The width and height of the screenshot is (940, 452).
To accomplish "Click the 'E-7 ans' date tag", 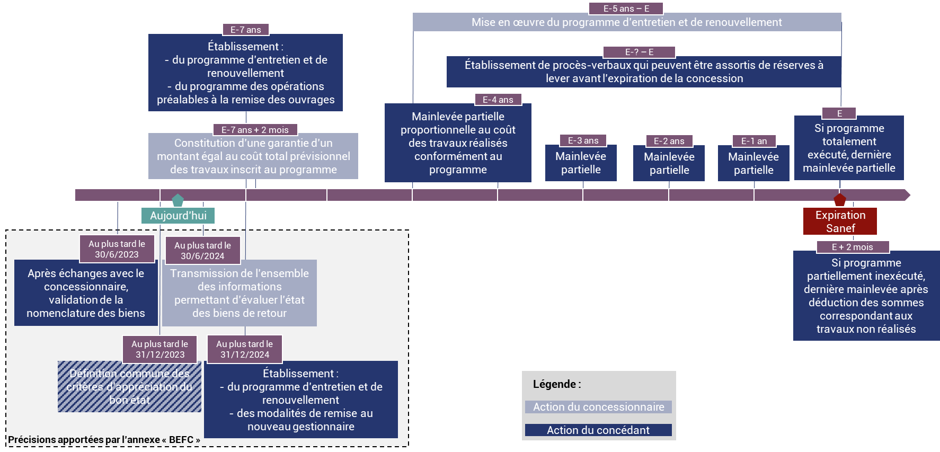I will (246, 30).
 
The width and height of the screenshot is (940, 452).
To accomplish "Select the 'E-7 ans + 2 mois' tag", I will (255, 130).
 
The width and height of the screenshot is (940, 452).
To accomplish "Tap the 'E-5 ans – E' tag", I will (626, 8).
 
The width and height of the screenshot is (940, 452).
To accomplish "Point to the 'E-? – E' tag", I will (639, 52).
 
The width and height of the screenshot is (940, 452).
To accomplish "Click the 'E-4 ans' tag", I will (498, 100).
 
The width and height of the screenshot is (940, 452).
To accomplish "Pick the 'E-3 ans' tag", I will (583, 140).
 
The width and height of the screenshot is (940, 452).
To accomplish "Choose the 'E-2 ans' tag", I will (669, 141).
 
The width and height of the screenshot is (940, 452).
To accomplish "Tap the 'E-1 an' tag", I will (754, 141).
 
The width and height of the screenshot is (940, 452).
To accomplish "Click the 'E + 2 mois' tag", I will (852, 247).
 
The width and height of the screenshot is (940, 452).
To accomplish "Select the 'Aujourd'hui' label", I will (178, 216).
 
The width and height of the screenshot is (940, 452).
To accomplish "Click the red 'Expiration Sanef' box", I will (840, 221).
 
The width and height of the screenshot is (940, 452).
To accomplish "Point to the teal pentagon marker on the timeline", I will (178, 200).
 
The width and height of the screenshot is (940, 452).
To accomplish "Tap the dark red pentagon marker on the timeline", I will (840, 200).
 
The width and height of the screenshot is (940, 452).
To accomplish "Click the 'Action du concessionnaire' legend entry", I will (598, 407).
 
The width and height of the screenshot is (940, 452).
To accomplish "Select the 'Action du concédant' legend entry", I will (598, 430).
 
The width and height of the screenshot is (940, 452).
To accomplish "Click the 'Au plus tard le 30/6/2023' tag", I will (117, 249).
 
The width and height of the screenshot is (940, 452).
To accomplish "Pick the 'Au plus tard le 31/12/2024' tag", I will (244, 349).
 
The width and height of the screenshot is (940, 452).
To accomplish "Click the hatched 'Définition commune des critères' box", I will (129, 387).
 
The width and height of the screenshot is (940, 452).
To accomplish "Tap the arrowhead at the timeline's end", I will (908, 195).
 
